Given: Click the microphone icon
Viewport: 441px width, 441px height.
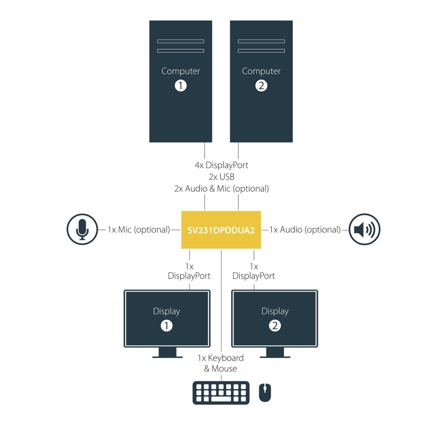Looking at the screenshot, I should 82,229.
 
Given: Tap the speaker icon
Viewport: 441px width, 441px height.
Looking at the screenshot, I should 365,229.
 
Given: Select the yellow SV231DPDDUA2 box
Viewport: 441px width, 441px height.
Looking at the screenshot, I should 221,230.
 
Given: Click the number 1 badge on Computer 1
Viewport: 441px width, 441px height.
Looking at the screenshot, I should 181,85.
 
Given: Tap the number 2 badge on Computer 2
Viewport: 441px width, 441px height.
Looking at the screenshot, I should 261,85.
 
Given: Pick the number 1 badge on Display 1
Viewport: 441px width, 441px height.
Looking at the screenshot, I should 167,325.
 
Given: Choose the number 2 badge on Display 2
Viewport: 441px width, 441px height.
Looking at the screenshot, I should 275,325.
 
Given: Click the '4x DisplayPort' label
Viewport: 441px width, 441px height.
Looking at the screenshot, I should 221,165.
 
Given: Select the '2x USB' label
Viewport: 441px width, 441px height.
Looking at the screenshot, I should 221,177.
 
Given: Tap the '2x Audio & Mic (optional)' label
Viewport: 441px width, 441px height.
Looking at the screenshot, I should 221,188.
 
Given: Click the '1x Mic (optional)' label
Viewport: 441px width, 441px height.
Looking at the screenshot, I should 139,229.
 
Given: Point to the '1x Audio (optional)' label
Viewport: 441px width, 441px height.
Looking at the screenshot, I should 305,229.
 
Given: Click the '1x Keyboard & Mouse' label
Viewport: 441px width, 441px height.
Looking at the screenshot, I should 220,363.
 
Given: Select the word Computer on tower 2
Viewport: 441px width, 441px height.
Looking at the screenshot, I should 261,71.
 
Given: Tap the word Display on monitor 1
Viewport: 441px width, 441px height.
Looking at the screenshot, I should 167,311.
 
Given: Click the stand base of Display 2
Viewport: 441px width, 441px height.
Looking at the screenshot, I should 275,357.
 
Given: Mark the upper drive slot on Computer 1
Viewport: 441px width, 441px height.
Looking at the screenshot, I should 181,41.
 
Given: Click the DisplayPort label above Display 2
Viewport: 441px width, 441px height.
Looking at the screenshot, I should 253,275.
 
